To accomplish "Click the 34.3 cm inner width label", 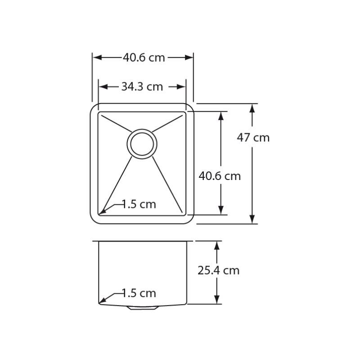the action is pos(142,87).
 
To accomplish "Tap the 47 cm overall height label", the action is pos(253,138).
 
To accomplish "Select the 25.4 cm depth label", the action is pos(218,270).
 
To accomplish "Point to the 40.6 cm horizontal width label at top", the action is pos(144,58).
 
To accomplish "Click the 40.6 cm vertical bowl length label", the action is pos(220,176).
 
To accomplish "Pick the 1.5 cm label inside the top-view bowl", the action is pos(139,204).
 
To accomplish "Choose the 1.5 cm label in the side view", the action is pos(139,293).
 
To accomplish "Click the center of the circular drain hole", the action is pos(142,144).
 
